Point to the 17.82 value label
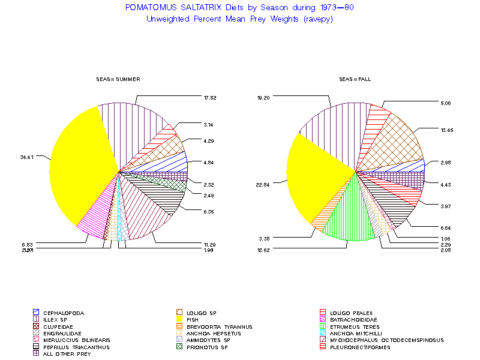pos(209,97)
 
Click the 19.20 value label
pos(264,97)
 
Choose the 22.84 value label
pos(263,184)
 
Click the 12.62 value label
pos(263,250)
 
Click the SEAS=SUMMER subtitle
pos(118,79)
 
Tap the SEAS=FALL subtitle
pos(355,79)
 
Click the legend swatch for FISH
pos(179,320)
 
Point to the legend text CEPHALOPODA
pos(64,313)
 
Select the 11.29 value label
pos(209,244)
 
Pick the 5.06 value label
pos(445,103)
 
